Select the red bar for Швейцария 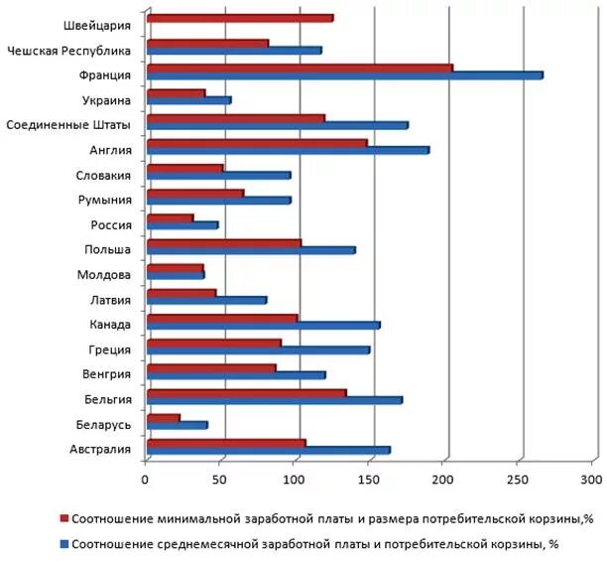point(239,18)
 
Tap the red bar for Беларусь point(163,417)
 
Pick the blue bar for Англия point(288,150)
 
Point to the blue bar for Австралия point(268,450)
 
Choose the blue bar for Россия point(182,224)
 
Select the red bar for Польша point(223,242)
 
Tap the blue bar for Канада point(263,325)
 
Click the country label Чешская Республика point(68,49)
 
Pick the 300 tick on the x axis point(592,481)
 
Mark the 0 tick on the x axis point(146,481)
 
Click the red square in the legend point(64,518)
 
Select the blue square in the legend point(64,544)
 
